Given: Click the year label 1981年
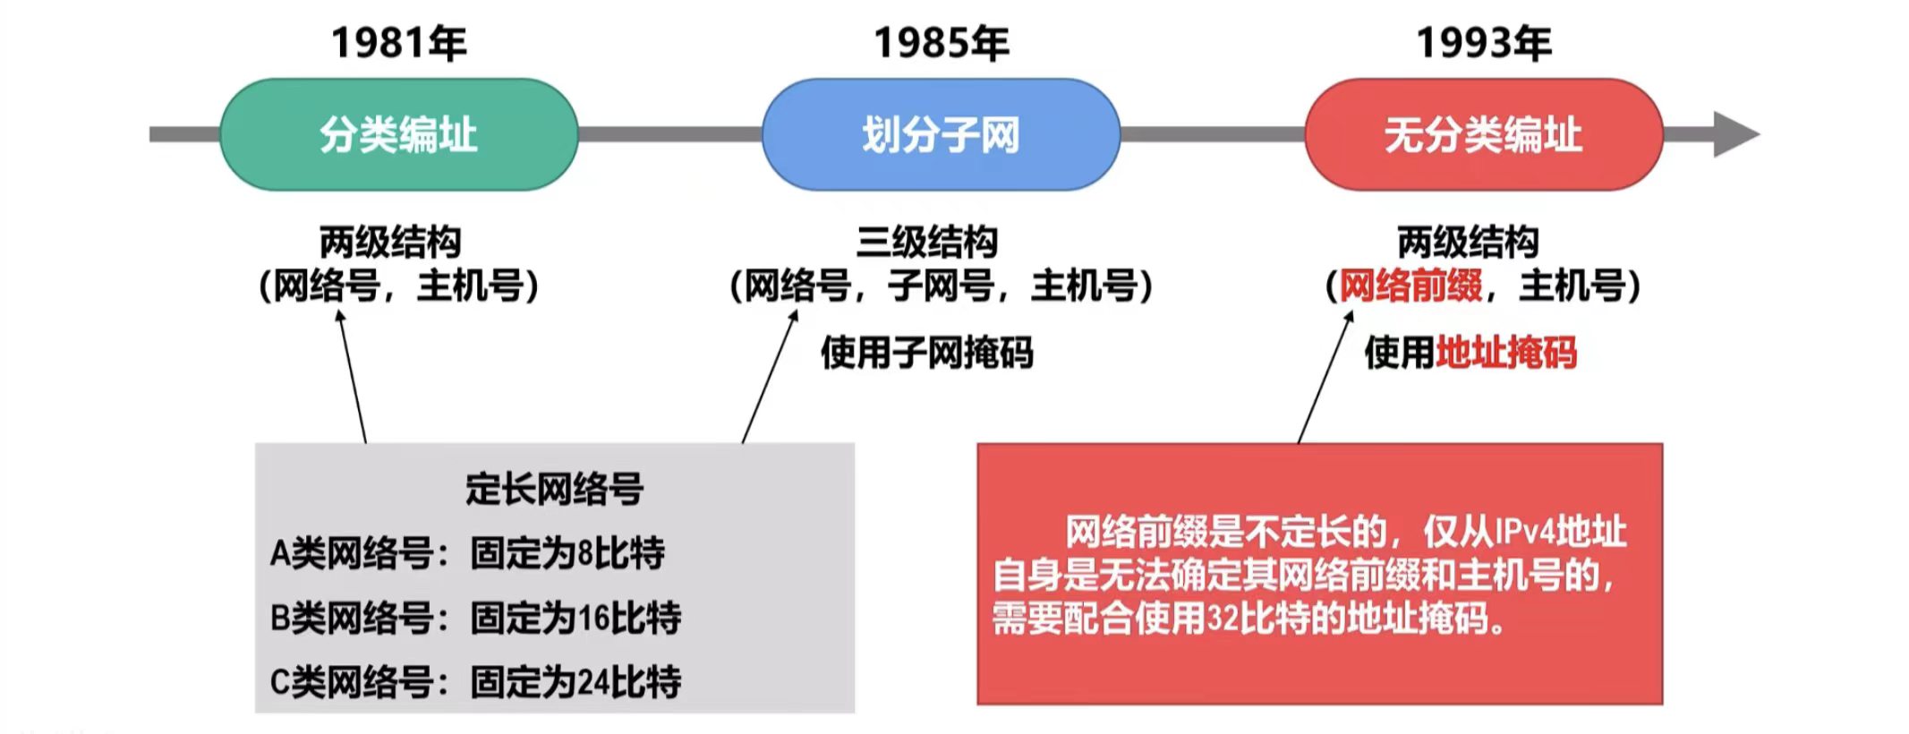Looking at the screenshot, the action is pyautogui.click(x=398, y=43).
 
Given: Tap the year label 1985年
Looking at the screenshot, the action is pyautogui.click(x=941, y=43).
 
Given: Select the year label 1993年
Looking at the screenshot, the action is pyautogui.click(x=1483, y=43).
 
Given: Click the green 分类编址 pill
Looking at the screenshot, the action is pyautogui.click(x=398, y=134).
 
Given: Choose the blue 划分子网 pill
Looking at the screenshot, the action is pyautogui.click(x=941, y=134).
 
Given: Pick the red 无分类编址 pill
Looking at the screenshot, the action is pyautogui.click(x=1483, y=134).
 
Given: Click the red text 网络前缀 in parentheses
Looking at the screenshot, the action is pyautogui.click(x=1410, y=286).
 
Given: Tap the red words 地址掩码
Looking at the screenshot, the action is pyautogui.click(x=1506, y=353).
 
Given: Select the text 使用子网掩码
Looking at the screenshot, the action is pyautogui.click(x=926, y=353).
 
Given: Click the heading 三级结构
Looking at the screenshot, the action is pyautogui.click(x=926, y=242).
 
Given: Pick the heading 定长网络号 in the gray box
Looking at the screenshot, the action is pyautogui.click(x=554, y=489).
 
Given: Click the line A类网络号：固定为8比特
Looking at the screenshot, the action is pyautogui.click(x=467, y=553).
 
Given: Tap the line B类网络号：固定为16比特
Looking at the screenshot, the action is pyautogui.click(x=475, y=618).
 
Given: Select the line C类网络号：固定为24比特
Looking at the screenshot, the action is pyautogui.click(x=475, y=682).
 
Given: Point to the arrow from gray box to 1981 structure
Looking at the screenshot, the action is pyautogui.click(x=352, y=376).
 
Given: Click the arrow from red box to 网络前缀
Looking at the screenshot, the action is pyautogui.click(x=1325, y=376).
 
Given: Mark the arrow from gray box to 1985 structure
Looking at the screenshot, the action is pyautogui.click(x=770, y=376).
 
